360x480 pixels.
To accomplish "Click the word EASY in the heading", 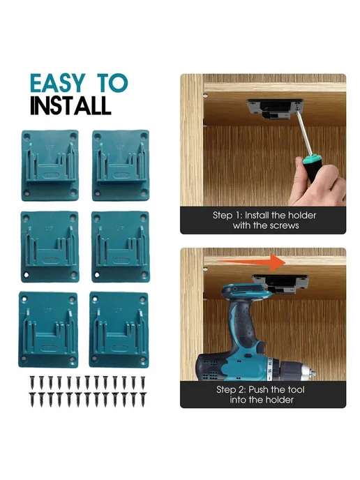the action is [58, 83].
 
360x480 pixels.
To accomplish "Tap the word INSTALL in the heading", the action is [70, 105].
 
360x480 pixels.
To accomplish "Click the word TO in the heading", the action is [112, 83].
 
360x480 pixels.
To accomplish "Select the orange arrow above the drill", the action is [251, 262].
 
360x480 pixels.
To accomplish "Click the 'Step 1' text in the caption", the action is [227, 215].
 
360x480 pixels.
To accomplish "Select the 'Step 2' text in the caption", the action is [231, 390].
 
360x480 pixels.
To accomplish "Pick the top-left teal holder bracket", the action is [50, 165].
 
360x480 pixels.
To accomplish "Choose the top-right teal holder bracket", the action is [121, 165].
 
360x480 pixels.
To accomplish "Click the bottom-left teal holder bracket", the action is [48, 329].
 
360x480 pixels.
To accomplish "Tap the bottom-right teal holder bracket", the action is [119, 329].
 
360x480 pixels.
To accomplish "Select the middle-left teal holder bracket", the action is [50, 247].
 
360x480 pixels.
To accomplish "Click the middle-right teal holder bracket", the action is [120, 247].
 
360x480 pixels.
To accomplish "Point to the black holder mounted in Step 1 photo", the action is [275, 108].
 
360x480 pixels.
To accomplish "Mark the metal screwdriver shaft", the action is [304, 133].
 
